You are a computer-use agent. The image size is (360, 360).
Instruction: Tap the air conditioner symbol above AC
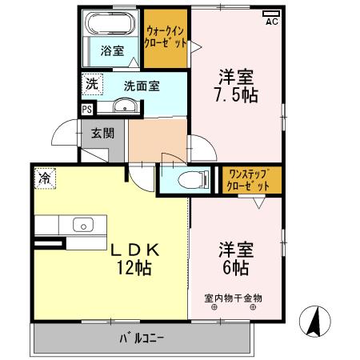[271, 12]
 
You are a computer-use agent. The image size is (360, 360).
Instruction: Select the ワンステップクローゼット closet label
[252, 179]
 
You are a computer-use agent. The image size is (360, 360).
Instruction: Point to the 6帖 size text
[237, 266]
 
